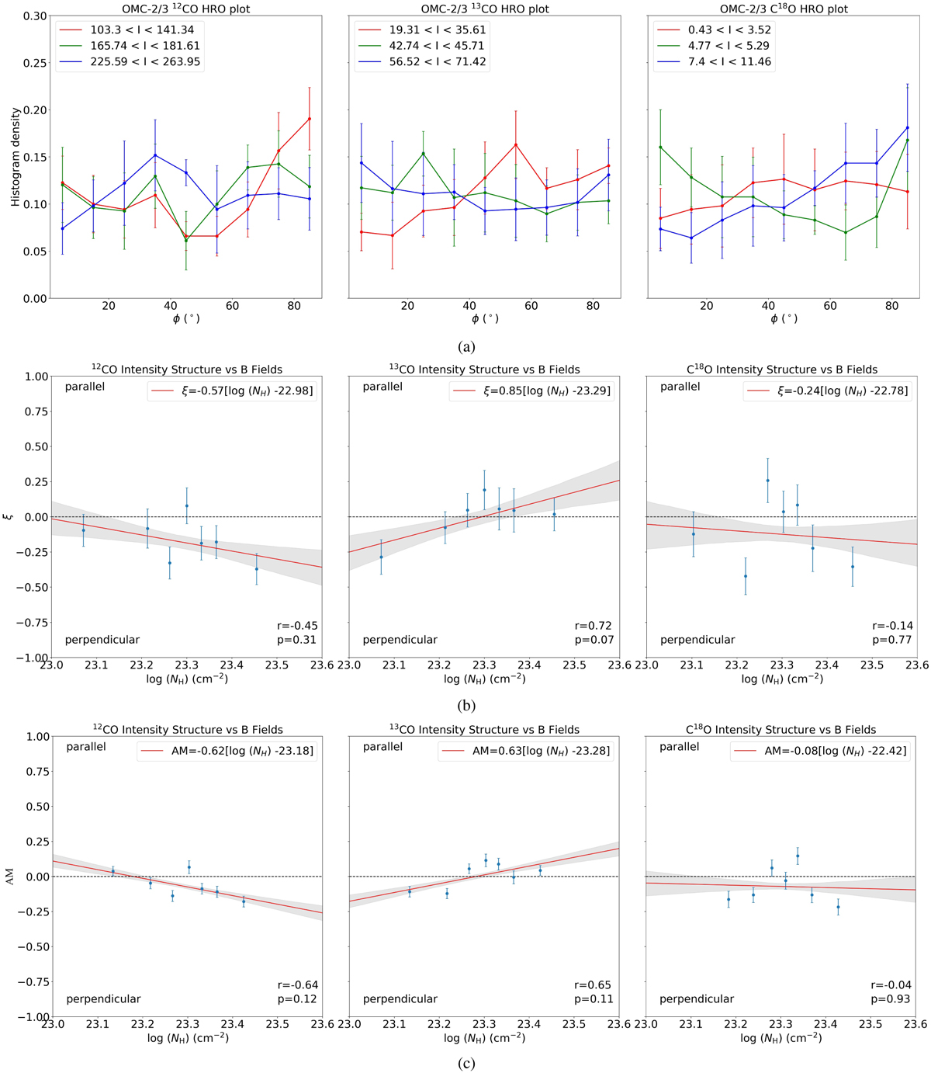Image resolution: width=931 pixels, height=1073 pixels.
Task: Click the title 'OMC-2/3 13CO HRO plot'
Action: coord(484,9)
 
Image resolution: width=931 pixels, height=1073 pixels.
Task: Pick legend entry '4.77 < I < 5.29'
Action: coord(722,46)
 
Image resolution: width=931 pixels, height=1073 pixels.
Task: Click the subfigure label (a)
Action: coord(465,347)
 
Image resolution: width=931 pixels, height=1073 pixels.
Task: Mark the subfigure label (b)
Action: coord(465,706)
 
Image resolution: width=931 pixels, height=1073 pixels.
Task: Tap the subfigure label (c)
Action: coord(465,1064)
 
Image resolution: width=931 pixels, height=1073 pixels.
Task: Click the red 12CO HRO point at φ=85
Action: coord(310,119)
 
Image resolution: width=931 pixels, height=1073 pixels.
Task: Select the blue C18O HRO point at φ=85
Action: coord(907,127)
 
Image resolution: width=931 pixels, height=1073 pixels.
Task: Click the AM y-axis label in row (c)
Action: coord(16,876)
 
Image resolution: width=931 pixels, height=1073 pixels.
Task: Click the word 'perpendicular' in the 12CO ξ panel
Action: coord(102,640)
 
